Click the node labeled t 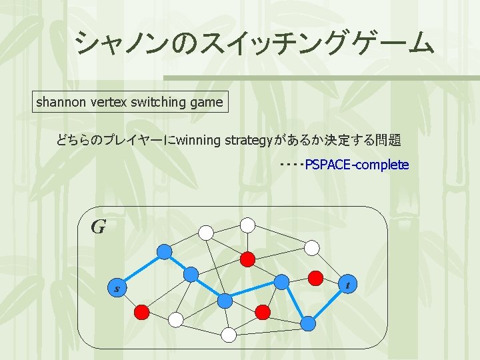coord(347,285)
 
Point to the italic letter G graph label coord(98,227)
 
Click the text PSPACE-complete coord(357,165)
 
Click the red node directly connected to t coord(315,277)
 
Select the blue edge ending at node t coord(328,304)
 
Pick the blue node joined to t coord(308,323)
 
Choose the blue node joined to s coord(164,251)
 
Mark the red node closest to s coord(142,311)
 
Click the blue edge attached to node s coord(141,270)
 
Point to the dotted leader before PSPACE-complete coord(291,164)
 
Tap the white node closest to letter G coord(207,233)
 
